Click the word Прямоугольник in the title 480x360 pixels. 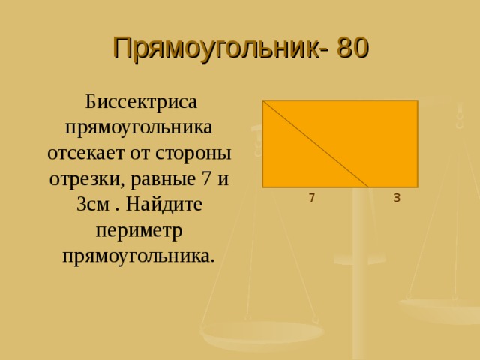click(x=214, y=48)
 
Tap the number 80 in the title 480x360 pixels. click(x=352, y=48)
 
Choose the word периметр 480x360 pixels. click(x=140, y=230)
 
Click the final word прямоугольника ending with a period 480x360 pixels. click(x=140, y=256)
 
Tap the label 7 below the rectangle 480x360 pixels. click(x=311, y=198)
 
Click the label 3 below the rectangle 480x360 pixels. click(x=396, y=198)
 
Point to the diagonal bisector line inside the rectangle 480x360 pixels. click(x=315, y=143)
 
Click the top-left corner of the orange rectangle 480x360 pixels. click(x=263, y=101)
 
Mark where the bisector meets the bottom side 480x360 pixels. click(x=368, y=187)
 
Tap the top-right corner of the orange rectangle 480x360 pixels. click(x=417, y=101)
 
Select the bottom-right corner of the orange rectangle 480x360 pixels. click(x=417, y=187)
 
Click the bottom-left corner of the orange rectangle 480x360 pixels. click(x=263, y=187)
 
